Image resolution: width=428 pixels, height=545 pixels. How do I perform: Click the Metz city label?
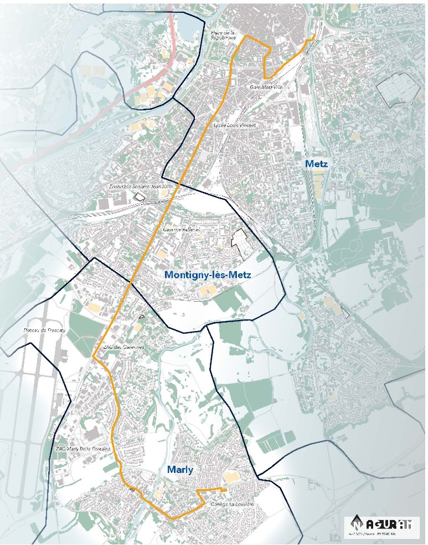click(x=316, y=164)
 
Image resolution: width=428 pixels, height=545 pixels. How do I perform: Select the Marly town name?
click(x=180, y=470)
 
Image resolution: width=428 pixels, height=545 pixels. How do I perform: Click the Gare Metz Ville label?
click(x=263, y=87)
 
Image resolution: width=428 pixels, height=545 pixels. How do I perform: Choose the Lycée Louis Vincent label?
click(x=235, y=126)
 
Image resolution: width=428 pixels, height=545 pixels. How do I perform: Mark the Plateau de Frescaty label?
click(x=44, y=330)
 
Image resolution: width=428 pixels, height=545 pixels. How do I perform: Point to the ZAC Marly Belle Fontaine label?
click(x=84, y=448)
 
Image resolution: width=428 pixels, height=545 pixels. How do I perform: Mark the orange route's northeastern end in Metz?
click(x=313, y=37)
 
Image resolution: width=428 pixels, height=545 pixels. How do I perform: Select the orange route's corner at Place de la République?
click(x=245, y=37)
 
